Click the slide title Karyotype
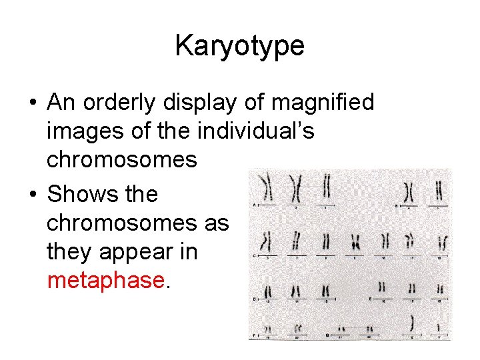coord(239,45)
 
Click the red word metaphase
coord(105,280)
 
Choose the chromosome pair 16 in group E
coord(382,288)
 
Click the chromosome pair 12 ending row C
coord(442,244)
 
